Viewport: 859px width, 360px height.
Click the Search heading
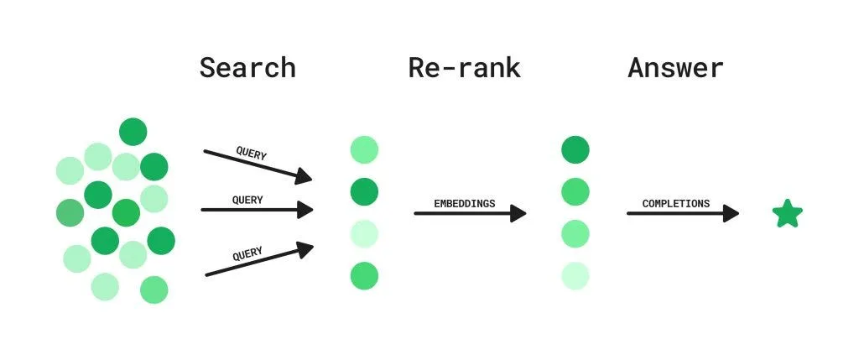pos(247,67)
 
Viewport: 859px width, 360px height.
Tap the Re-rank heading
pos(464,67)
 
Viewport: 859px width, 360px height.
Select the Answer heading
pos(675,67)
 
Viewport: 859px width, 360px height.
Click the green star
pos(787,214)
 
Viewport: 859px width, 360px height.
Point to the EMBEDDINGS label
pos(464,204)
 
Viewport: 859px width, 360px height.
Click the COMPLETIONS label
pos(675,204)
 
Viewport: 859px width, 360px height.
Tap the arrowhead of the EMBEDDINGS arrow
pos(518,213)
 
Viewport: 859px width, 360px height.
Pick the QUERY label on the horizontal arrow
pos(247,200)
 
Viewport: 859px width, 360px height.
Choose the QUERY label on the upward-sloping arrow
pos(247,253)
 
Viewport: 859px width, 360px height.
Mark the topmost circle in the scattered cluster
pos(133,132)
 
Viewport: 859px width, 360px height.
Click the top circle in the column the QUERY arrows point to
pos(364,150)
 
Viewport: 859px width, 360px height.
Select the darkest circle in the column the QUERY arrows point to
pos(364,191)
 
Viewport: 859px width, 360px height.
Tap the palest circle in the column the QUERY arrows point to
pos(364,233)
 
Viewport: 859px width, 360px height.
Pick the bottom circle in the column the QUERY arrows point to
pos(364,275)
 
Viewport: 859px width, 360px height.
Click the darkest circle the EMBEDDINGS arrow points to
pos(575,150)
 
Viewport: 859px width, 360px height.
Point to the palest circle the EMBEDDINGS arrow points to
pos(575,275)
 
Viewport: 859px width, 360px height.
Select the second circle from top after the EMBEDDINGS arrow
pos(575,191)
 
